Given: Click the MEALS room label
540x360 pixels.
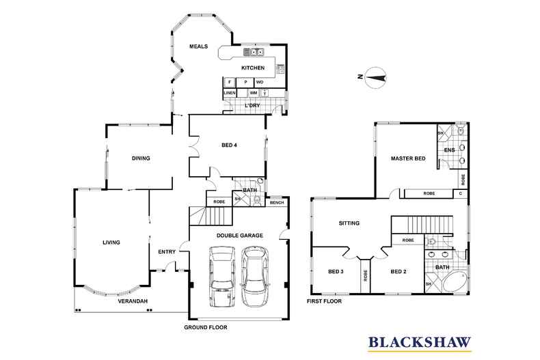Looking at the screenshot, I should pos(199,46).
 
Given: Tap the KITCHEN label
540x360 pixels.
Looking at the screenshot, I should pos(252,68).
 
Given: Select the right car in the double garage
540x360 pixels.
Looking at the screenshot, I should pos(254,276).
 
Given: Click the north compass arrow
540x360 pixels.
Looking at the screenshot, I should pos(374,77).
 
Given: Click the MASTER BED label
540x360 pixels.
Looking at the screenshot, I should pos(407,158).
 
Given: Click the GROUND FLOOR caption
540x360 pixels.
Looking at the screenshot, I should pos(205,327).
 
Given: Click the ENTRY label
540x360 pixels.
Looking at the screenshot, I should pos(167,251).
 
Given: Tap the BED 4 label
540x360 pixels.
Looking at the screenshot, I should pos(230,146).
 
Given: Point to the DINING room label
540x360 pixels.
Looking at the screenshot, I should pos(141,158).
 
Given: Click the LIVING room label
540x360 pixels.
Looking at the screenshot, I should pos(111,242).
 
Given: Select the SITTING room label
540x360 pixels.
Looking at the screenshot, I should pos(349,223).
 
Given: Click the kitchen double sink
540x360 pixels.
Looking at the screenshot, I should pos(256,52).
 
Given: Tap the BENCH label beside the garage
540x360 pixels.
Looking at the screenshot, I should pos(277,202).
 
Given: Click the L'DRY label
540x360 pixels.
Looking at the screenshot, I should pos(251,107).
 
